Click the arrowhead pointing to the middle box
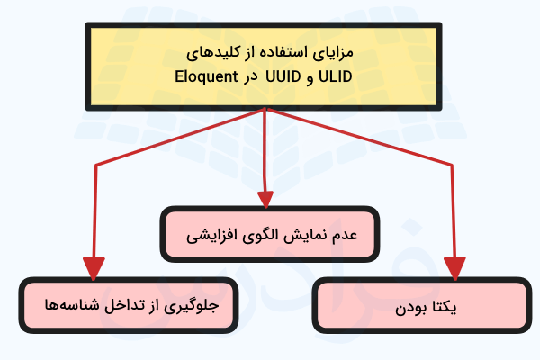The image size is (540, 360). [265, 199]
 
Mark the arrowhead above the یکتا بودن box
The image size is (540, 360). [455, 268]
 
